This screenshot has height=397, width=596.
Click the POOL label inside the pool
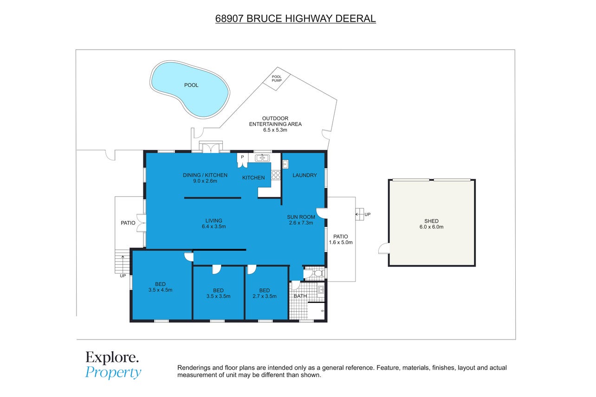click(191, 85)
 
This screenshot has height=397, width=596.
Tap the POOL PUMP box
click(277, 79)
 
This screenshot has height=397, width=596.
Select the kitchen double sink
click(262, 158)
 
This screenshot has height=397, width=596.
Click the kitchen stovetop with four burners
click(276, 175)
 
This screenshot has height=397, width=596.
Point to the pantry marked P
click(242, 160)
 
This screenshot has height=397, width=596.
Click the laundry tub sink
click(285, 164)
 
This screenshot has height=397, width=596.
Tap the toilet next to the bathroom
click(317, 273)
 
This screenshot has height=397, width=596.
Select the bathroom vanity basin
click(321, 289)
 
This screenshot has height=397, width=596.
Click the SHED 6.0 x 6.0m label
click(431, 224)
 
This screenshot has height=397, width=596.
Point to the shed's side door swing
click(384, 249)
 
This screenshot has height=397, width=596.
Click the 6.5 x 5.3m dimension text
click(275, 130)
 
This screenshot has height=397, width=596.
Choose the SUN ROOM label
click(301, 217)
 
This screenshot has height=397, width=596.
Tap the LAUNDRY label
click(304, 175)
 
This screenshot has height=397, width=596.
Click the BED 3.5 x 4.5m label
click(160, 287)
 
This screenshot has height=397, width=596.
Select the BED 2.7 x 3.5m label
click(265, 293)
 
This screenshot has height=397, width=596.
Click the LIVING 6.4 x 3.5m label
click(214, 224)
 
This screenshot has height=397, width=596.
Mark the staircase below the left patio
click(122, 262)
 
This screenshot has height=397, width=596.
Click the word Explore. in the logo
click(112, 358)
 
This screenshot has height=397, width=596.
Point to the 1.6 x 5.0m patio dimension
click(341, 243)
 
